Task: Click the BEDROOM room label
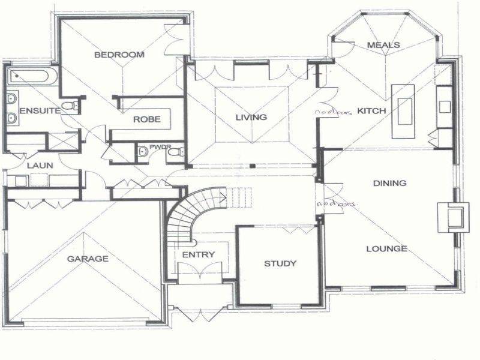[x=119, y=55]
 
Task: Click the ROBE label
[x=147, y=119]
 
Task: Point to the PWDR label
[x=157, y=146]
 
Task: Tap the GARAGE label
[x=88, y=259]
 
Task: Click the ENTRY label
[x=198, y=255]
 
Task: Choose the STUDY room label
[x=280, y=263]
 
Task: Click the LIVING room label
[x=251, y=117]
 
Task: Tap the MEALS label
[x=383, y=45]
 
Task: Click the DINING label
[x=389, y=183]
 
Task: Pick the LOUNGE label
[x=387, y=248]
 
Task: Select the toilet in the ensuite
[x=71, y=107]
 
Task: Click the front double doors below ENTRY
[x=197, y=313]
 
